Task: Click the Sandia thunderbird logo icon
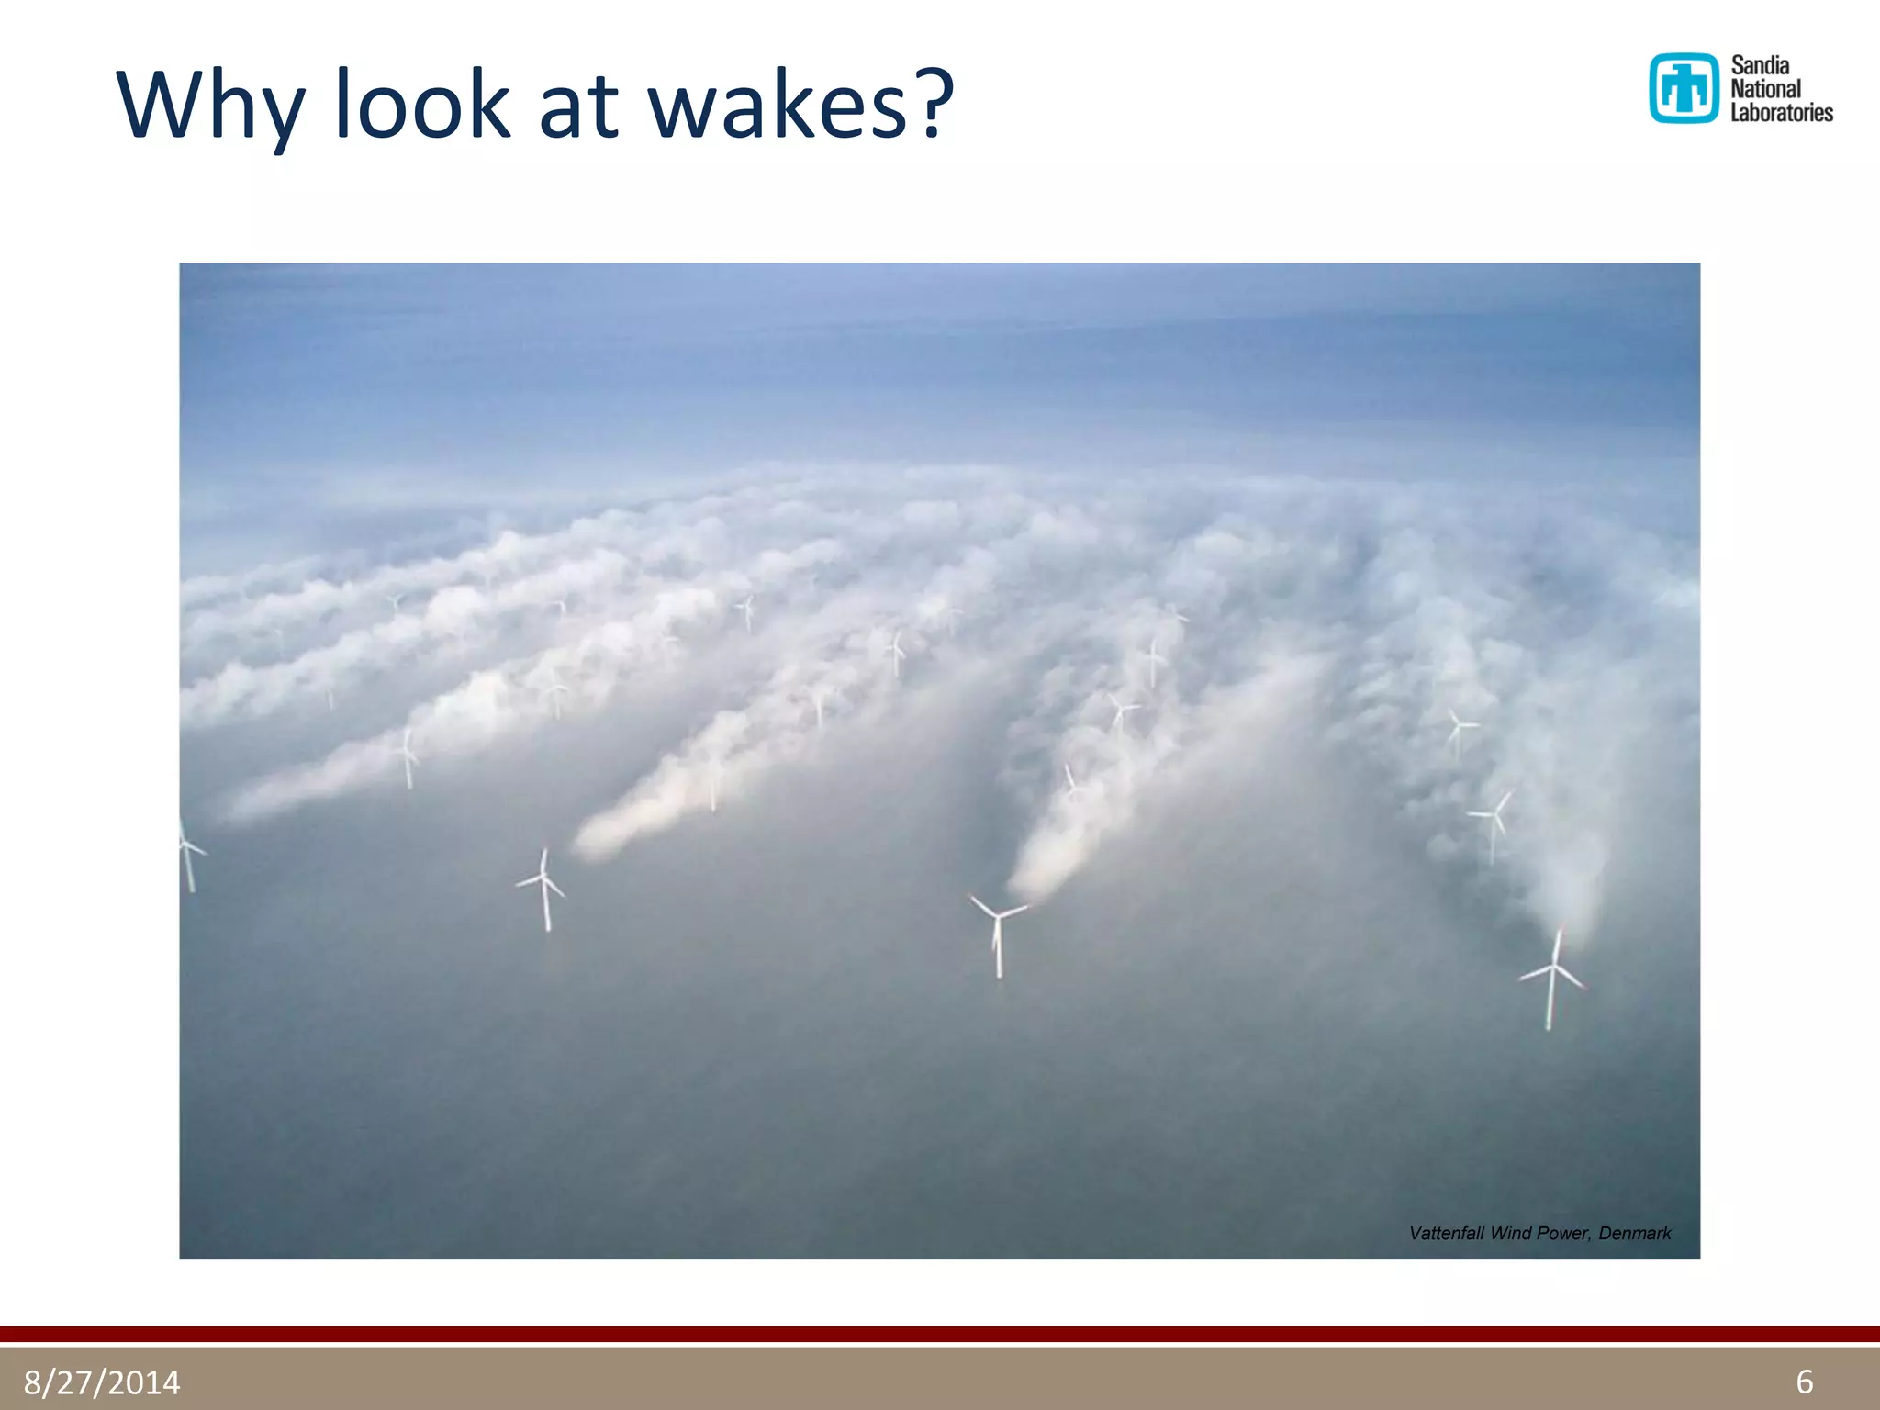click(x=1683, y=88)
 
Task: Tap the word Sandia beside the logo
click(x=1760, y=65)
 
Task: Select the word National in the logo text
click(x=1765, y=89)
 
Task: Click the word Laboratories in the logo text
click(x=1781, y=113)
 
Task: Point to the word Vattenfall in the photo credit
click(x=1446, y=1233)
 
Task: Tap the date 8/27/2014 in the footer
click(x=102, y=1382)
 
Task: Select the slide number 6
click(x=1804, y=1382)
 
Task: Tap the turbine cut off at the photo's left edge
click(x=188, y=854)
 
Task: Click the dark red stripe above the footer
click(x=940, y=1334)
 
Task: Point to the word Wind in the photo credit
click(x=1510, y=1233)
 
